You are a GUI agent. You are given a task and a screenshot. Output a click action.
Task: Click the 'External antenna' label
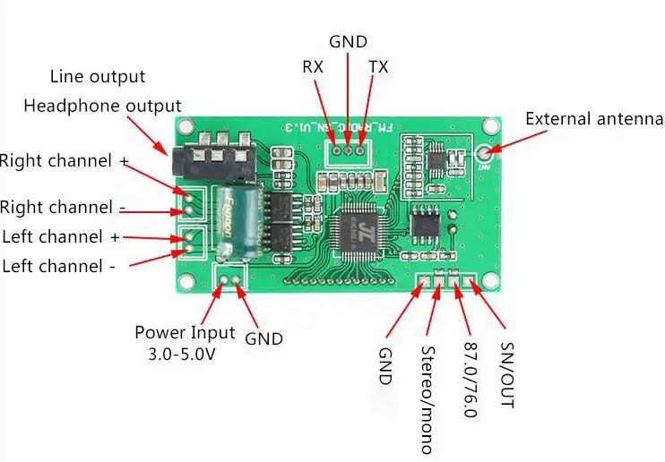point(593,119)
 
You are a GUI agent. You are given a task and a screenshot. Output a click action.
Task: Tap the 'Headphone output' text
point(102,107)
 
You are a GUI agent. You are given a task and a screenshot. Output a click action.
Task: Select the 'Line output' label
point(97,77)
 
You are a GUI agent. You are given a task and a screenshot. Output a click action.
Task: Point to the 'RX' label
point(313,67)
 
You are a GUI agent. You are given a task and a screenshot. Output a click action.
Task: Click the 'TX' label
point(378,67)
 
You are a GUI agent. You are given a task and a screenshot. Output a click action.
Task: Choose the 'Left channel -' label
point(59,266)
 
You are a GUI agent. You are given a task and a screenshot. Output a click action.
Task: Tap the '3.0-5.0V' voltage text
point(182,355)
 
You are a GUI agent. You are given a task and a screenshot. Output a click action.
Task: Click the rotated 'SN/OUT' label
point(507,374)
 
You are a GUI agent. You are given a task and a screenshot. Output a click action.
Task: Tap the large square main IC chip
point(355,235)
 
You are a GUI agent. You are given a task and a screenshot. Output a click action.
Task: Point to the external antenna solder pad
point(485,152)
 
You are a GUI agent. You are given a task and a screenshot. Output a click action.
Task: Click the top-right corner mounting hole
point(490,127)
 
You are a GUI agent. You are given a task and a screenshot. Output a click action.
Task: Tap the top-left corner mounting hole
point(186,128)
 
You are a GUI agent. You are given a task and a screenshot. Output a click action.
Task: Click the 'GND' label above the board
point(347,41)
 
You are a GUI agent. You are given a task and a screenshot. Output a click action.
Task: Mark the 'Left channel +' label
point(62,237)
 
